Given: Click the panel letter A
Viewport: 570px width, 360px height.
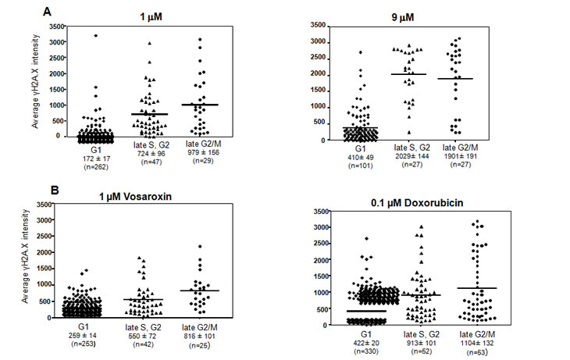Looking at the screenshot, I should tap(47, 12).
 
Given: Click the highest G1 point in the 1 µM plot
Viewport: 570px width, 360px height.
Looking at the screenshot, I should tap(95, 35).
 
